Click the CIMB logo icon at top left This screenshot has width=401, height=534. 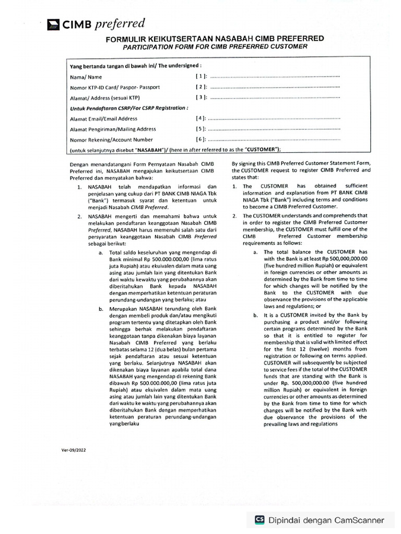click(54, 24)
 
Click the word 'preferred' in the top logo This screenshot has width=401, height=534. click(120, 23)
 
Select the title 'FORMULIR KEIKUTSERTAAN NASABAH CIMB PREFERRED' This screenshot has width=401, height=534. click(215, 39)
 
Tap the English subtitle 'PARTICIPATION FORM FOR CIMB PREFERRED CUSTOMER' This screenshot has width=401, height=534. click(215, 46)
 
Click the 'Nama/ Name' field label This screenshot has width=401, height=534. click(82, 77)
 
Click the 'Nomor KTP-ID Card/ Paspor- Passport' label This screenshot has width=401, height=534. click(115, 87)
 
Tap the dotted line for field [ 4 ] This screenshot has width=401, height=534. click(274, 119)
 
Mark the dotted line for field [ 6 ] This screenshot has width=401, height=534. click(274, 140)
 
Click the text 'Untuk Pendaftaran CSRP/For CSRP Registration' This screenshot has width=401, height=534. click(128, 108)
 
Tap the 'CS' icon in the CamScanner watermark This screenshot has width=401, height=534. click(259, 519)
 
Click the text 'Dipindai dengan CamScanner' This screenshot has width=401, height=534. click(326, 519)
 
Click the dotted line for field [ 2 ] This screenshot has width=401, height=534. click(274, 87)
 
